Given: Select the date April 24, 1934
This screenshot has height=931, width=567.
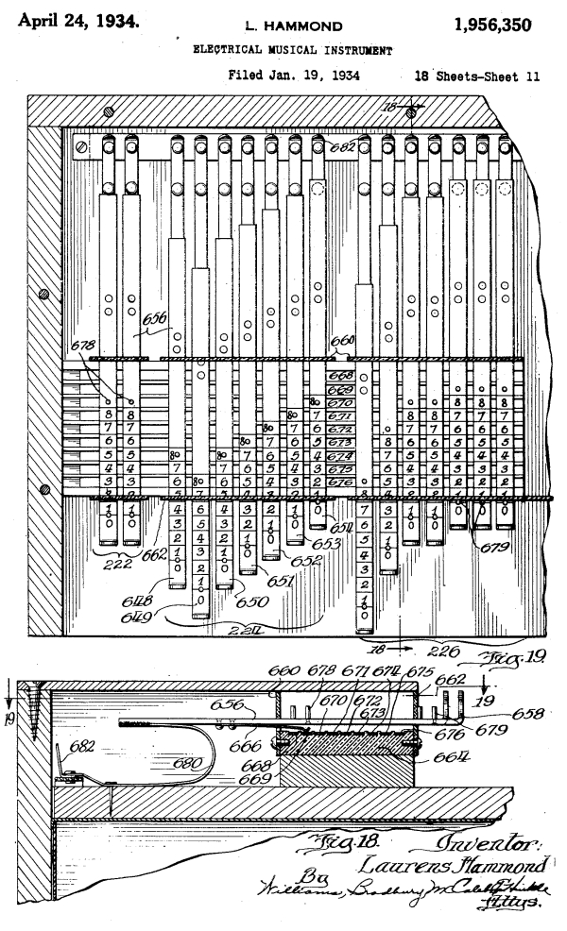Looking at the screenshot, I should [77, 17].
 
